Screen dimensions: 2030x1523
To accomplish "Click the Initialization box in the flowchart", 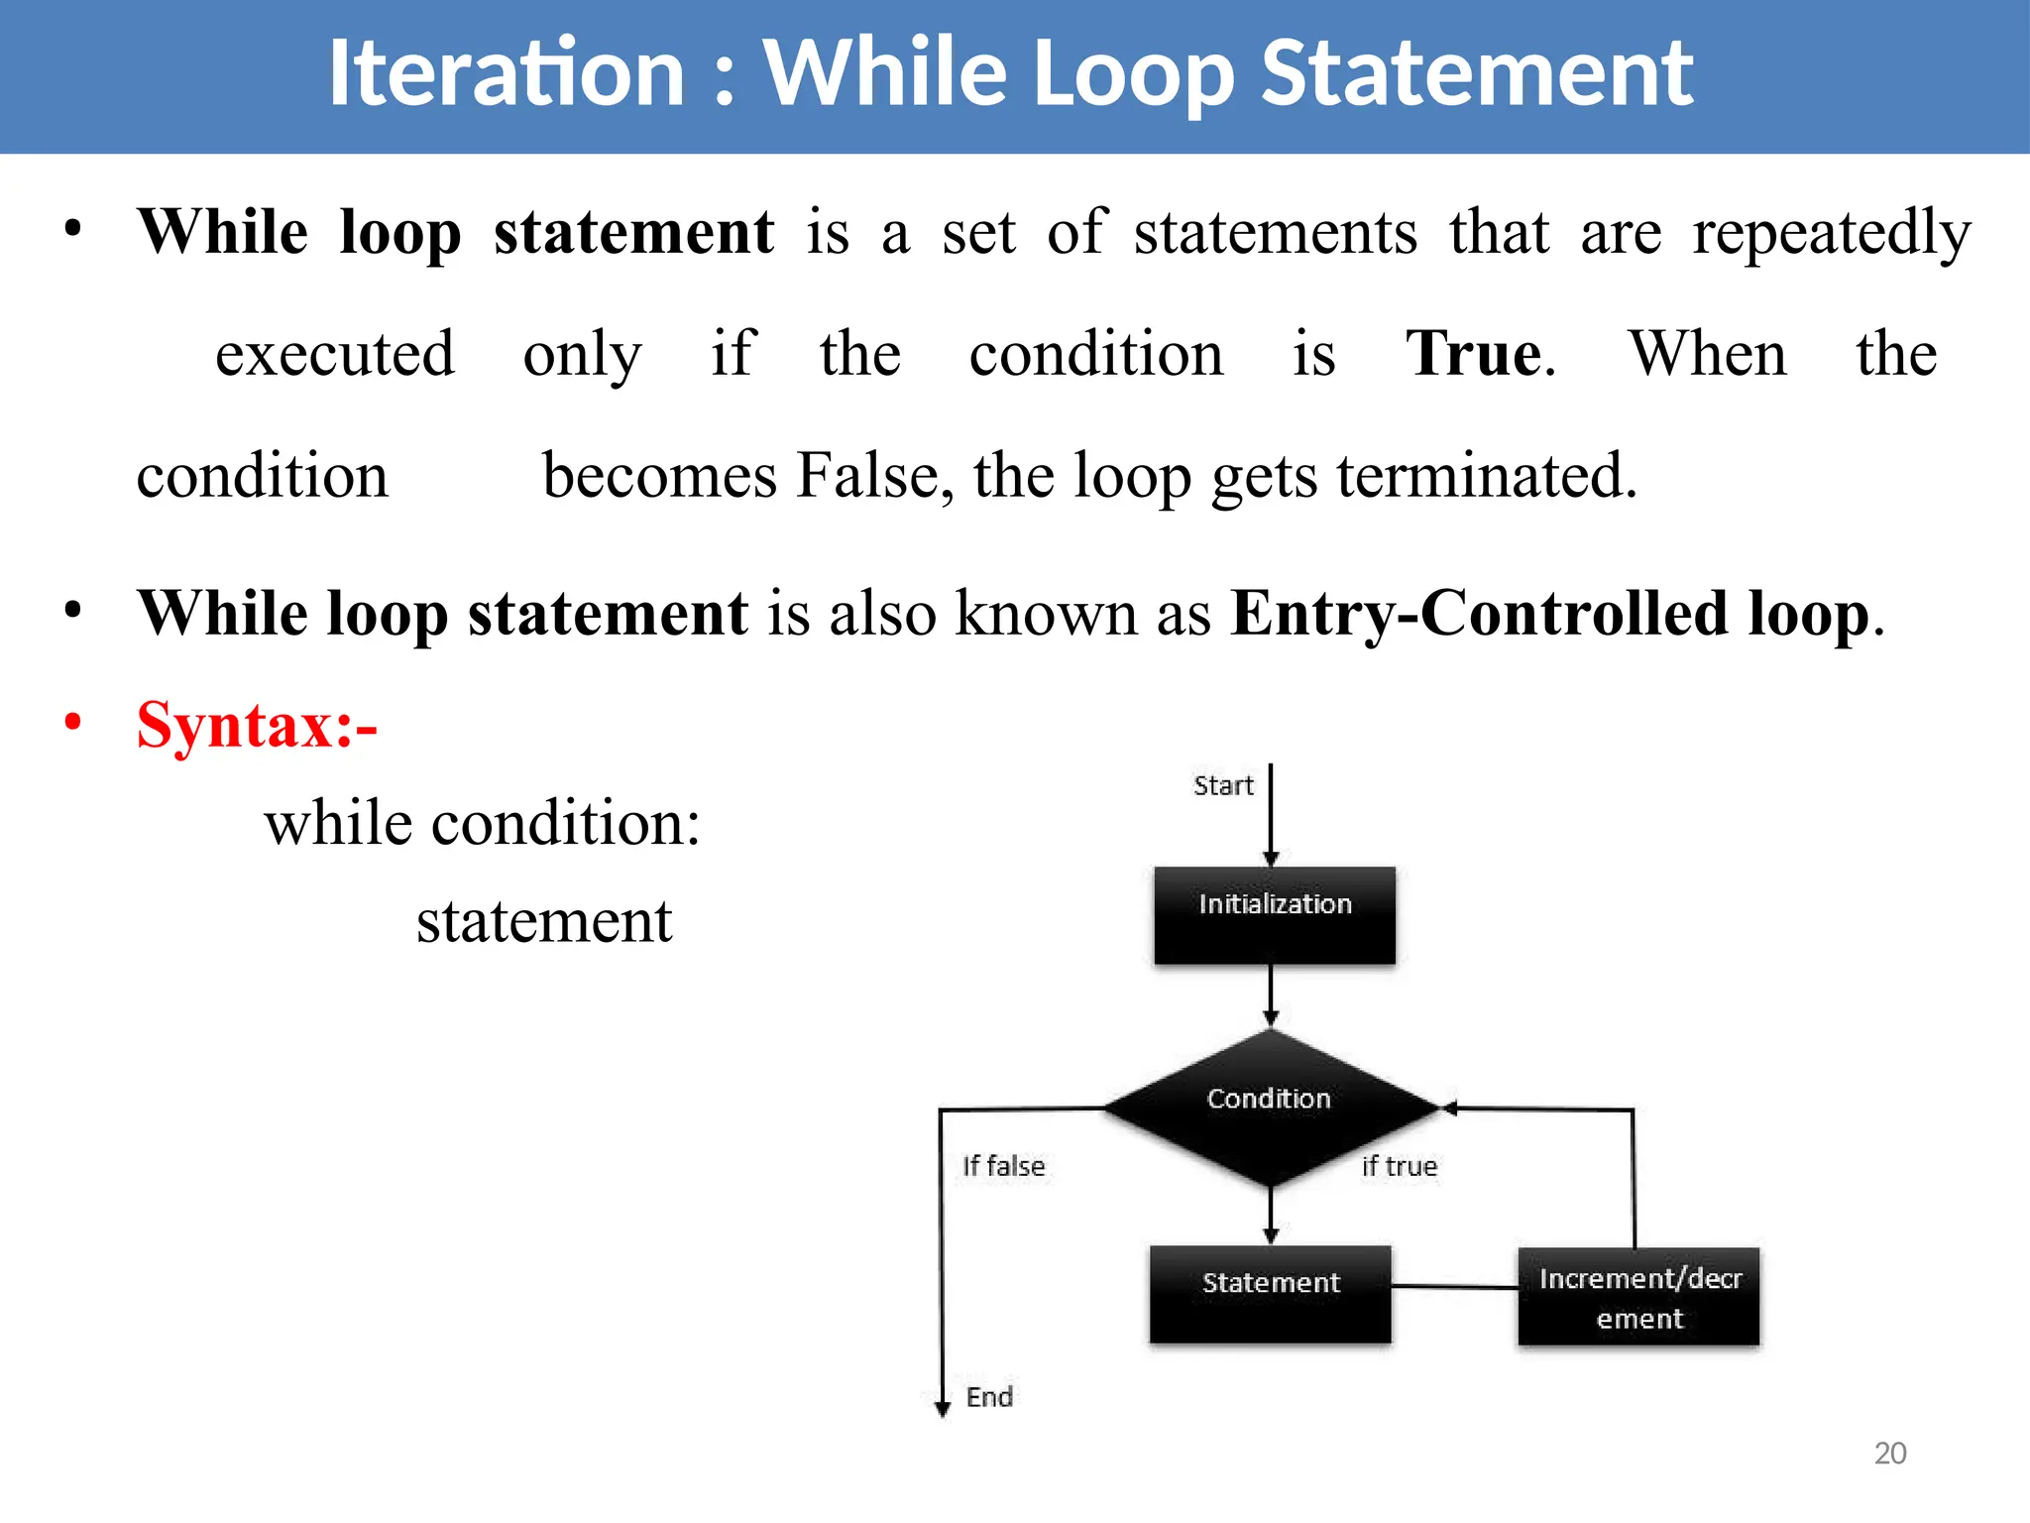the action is coord(1274,914).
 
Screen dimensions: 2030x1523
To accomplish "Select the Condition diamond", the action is coord(1270,1107).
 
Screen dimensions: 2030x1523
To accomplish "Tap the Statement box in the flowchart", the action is coord(1270,1293).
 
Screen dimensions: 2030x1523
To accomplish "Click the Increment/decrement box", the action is coord(1638,1296).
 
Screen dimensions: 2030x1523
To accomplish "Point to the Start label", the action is coord(1223,786).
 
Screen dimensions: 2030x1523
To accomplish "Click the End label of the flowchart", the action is coord(989,1397).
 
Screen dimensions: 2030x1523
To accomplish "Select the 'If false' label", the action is coord(1003,1166).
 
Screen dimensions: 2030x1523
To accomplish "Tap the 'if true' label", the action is coord(1399,1166).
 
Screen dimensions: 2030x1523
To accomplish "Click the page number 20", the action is coord(1889,1453).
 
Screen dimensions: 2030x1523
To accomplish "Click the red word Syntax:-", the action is coord(257,725).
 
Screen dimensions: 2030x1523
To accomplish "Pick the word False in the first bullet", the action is coord(865,476).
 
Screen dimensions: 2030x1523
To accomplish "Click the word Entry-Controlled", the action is coord(1480,613).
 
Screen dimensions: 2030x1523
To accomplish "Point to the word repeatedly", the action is coord(1831,233).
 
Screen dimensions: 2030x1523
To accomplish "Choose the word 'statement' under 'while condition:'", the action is coord(544,921).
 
